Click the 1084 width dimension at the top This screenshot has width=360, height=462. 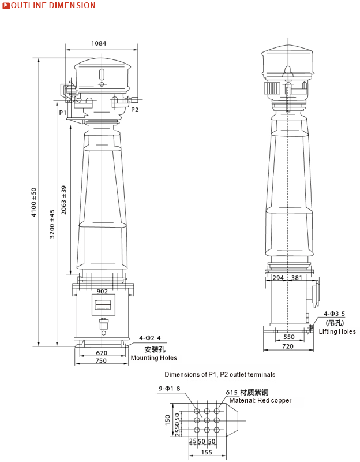click(x=99, y=43)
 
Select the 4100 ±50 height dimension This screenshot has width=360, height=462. click(x=34, y=202)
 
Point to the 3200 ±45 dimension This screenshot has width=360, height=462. click(x=52, y=223)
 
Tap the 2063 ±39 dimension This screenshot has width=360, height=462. click(x=64, y=200)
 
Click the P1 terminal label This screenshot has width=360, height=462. click(x=62, y=112)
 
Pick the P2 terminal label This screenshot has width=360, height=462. click(x=134, y=109)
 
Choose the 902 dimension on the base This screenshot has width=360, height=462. click(x=102, y=291)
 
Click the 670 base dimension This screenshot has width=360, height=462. click(x=102, y=353)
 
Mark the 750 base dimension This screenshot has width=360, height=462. click(x=101, y=361)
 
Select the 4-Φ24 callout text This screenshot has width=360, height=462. click(x=150, y=338)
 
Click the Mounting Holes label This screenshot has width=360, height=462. click(x=153, y=358)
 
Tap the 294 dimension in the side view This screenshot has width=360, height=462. click(x=278, y=278)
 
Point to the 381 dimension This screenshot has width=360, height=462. click(x=297, y=278)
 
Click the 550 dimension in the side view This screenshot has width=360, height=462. click(x=288, y=337)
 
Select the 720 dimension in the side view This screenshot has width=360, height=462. click(x=288, y=346)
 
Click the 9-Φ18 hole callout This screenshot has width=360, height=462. click(x=170, y=389)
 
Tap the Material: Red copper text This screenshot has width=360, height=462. click(x=260, y=400)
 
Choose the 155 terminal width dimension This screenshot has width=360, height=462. click(x=207, y=453)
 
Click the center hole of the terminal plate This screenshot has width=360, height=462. click(x=207, y=420)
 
